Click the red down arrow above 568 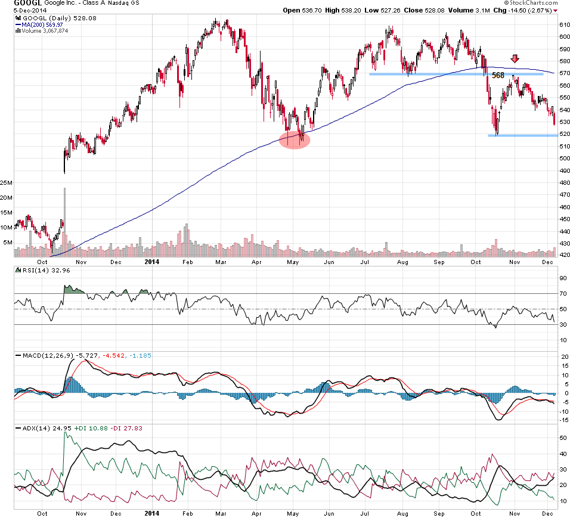pos(515,58)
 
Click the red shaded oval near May pos(295,139)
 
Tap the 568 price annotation pos(498,76)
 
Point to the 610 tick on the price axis pos(563,24)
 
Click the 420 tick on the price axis pos(563,255)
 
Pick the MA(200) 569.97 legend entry pos(42,24)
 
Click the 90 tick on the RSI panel pos(562,278)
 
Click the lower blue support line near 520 pos(522,135)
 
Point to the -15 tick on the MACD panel pos(562,420)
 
